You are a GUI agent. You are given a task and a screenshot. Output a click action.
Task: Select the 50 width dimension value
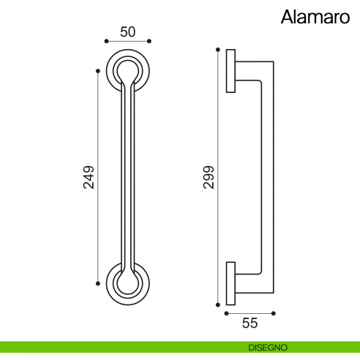[x=129, y=31]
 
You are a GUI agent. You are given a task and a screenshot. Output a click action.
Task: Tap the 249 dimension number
[x=89, y=176]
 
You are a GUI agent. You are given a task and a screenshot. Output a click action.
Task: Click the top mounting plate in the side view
[x=231, y=71]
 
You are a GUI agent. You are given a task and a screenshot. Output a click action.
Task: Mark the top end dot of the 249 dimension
[x=98, y=70]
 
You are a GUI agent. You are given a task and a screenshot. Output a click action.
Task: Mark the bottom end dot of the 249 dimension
[x=98, y=282]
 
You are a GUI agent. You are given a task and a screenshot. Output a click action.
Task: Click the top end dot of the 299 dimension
[x=217, y=49]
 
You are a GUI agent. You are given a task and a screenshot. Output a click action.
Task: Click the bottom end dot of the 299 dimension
[x=217, y=302]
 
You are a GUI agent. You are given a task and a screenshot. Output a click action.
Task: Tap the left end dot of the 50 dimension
[x=108, y=42]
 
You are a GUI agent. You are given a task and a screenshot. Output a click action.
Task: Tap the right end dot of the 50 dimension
[x=149, y=42]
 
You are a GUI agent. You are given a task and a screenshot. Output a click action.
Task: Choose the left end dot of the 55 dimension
[x=227, y=313]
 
